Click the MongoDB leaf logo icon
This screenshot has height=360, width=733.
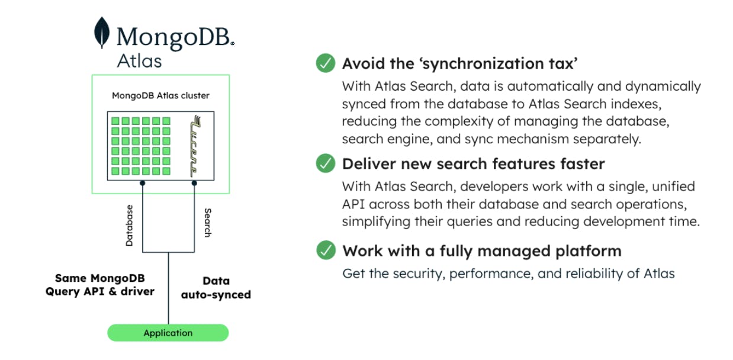tap(102, 33)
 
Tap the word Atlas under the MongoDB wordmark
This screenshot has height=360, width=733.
tap(139, 60)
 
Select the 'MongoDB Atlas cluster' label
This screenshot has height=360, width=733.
tap(160, 95)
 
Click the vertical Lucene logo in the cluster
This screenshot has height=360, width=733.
tap(193, 145)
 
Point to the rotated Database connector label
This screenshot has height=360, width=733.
tap(130, 225)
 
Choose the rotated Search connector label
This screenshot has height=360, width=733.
tap(207, 223)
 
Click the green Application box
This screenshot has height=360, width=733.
tap(168, 333)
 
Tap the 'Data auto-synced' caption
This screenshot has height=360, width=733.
tap(216, 288)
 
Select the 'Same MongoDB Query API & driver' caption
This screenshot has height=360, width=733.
tap(100, 285)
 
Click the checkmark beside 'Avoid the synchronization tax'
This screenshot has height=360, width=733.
tap(325, 63)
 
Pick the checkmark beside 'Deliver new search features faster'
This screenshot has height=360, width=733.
tap(325, 163)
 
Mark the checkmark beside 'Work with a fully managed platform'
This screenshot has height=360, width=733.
tap(325, 250)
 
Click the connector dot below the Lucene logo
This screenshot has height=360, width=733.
tap(194, 184)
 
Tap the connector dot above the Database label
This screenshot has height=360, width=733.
tap(142, 184)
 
